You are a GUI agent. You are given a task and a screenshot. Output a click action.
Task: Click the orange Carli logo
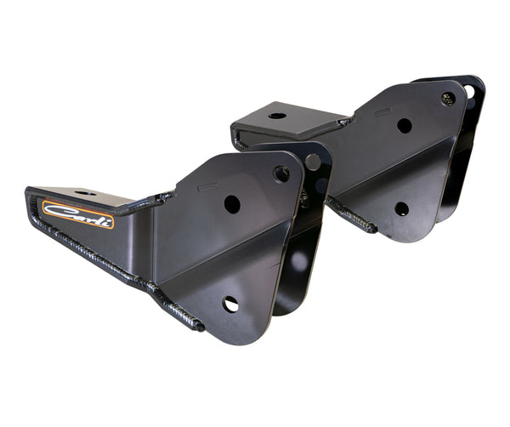click(77, 214)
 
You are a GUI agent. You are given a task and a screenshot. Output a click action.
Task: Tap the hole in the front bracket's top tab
click(85, 194)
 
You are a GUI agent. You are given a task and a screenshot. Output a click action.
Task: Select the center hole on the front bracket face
click(231, 204)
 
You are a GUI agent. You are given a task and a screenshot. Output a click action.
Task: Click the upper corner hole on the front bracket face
click(281, 174)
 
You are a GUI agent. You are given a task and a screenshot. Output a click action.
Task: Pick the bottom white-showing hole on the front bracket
click(230, 304)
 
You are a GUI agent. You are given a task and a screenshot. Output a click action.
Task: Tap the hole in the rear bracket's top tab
click(277, 115)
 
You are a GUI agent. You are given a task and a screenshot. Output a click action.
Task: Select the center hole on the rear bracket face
click(405, 126)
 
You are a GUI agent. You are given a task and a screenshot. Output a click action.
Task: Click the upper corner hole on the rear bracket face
click(448, 99)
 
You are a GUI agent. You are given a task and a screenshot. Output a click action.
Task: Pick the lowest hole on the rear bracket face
click(401, 208)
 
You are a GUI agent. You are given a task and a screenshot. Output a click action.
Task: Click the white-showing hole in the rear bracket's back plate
click(470, 90)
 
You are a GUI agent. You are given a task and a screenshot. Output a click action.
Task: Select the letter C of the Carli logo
click(54, 209)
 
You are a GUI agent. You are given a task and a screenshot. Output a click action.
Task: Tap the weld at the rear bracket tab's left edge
click(237, 136)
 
